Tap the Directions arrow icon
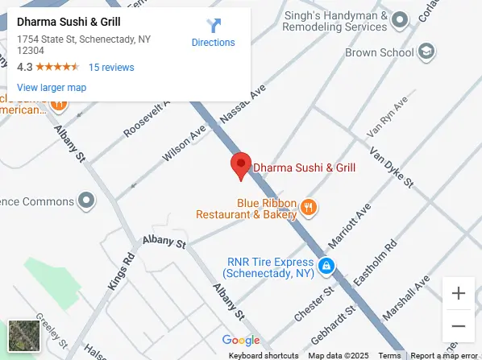click(213, 26)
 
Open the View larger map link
click(52, 87)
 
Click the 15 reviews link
click(111, 68)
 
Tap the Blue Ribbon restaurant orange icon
click(307, 209)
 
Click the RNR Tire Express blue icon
click(326, 266)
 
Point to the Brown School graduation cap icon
click(426, 53)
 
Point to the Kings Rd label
click(121, 273)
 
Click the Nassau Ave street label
click(243, 106)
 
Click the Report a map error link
click(445, 355)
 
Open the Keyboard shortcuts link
click(264, 355)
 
